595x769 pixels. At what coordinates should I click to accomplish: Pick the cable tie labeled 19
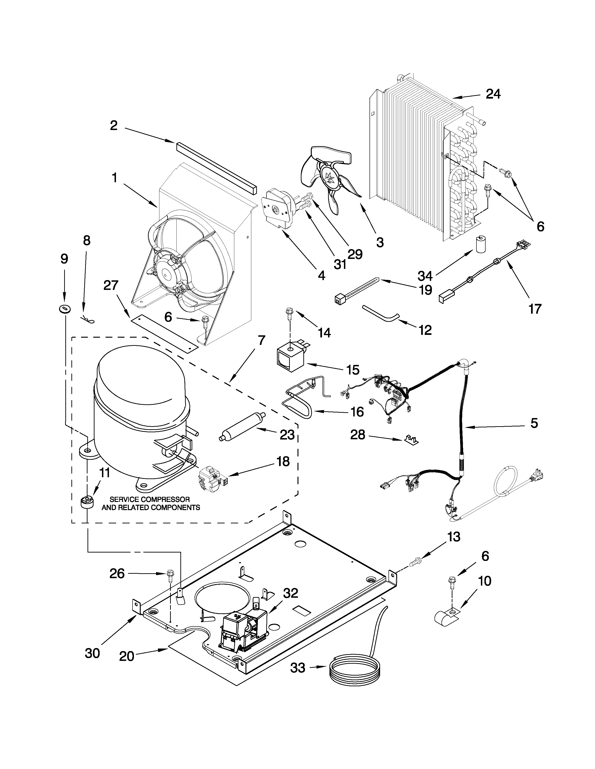(x=356, y=290)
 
